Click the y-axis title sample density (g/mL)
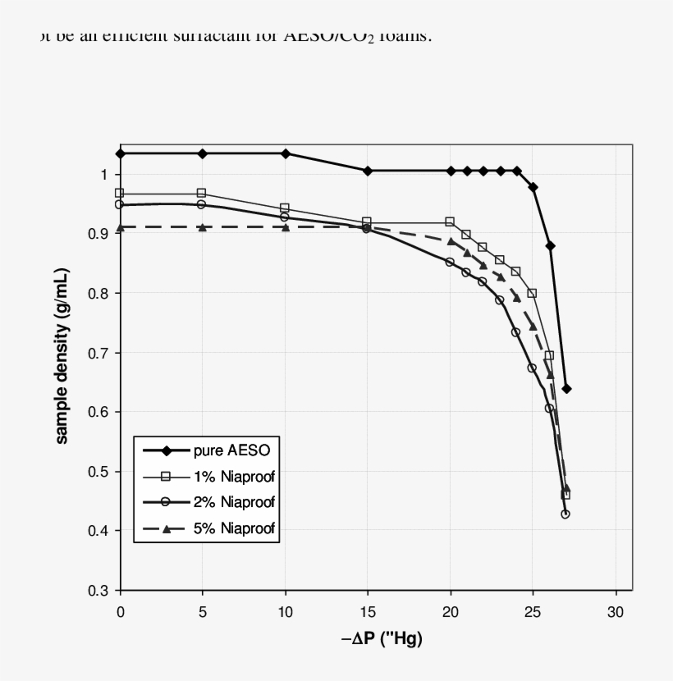coord(62,355)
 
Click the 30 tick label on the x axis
coord(616,612)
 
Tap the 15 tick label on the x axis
coord(368,612)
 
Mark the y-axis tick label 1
coord(104,175)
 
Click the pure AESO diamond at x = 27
coord(566,388)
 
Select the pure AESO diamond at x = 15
coord(368,171)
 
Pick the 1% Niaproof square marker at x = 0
coord(120,194)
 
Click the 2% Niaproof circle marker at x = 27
coord(565,514)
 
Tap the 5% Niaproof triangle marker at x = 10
coord(286,227)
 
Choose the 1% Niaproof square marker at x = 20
coord(450,222)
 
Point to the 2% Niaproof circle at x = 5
coord(202,204)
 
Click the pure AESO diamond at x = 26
coord(550,245)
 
